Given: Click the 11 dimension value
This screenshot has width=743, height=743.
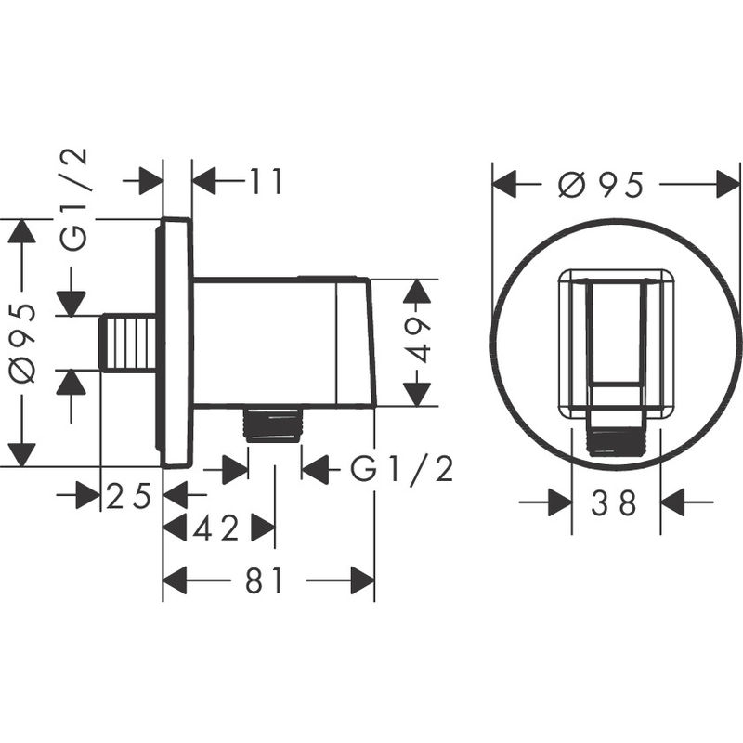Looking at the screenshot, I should point(266,182).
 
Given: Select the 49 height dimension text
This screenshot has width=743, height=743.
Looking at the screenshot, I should point(420,341).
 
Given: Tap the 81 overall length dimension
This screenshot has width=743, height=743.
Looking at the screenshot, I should point(266,581).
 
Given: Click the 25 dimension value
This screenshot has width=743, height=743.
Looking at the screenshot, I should point(129,497).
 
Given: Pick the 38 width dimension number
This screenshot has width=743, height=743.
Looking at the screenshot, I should point(615,503).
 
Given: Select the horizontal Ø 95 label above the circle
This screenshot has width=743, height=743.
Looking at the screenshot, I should point(601,185).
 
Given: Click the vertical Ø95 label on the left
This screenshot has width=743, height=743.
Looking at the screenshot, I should point(22,342).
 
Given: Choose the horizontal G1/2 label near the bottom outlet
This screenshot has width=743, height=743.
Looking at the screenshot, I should point(401,470).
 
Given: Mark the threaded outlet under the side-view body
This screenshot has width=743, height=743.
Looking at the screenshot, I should point(274,424).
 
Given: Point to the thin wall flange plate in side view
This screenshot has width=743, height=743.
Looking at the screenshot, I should point(176,342).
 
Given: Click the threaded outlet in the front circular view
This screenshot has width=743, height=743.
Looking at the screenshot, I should point(615,439).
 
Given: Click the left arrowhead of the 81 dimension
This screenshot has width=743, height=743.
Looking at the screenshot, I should point(176,581).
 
